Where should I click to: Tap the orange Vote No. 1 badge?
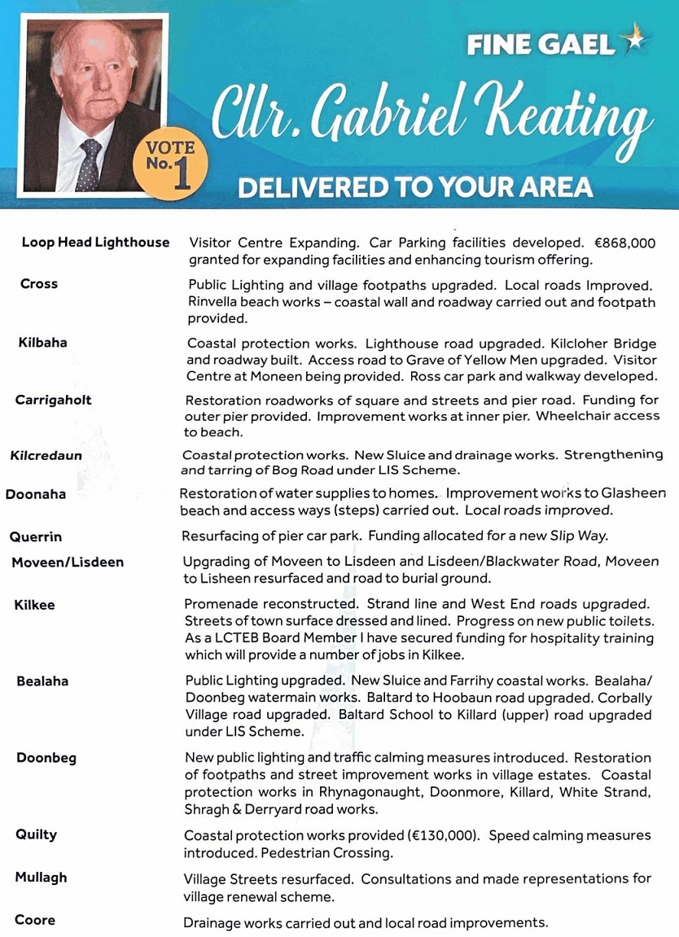(170, 164)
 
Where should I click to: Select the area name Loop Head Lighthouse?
(95, 243)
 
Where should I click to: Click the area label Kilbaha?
(42, 343)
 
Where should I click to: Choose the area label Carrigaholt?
(53, 400)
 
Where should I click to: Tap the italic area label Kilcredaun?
(46, 455)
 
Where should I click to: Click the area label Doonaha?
(36, 494)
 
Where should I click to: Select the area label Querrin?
(36, 536)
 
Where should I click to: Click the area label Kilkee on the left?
(33, 604)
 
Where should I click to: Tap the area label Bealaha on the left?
(42, 681)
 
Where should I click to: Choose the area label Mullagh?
(41, 878)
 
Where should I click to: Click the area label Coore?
(35, 920)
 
